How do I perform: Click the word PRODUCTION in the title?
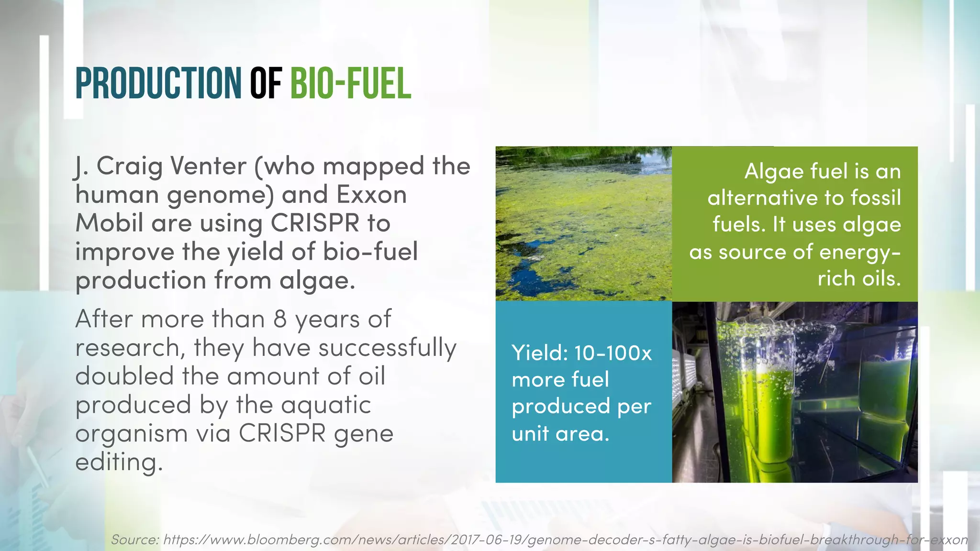point(158,84)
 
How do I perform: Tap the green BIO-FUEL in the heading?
point(351,84)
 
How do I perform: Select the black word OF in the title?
point(266,84)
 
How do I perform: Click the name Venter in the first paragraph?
point(208,166)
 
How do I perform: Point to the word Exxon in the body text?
point(371,195)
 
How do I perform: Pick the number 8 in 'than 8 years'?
point(280,319)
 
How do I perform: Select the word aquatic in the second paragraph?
point(326,405)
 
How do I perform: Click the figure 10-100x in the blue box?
point(613,353)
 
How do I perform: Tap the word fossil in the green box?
point(876,198)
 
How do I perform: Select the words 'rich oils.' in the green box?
point(859,278)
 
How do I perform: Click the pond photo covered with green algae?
point(583,223)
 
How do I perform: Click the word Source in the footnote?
point(134,540)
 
